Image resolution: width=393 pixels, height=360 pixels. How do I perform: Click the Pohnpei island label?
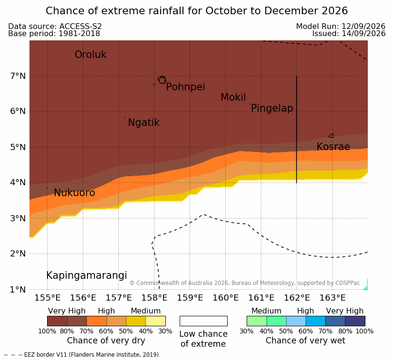click(x=185, y=87)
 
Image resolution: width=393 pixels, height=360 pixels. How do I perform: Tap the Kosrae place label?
click(x=333, y=147)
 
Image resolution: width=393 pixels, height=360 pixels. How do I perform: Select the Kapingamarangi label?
click(x=86, y=275)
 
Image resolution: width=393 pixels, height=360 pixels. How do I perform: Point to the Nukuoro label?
click(x=75, y=193)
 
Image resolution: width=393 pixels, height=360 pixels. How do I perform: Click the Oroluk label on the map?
click(x=90, y=55)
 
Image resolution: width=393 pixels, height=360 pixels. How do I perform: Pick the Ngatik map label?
click(x=144, y=123)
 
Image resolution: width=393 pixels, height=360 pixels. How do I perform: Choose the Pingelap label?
click(x=272, y=108)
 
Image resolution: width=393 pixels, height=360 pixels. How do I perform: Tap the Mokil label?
click(x=233, y=97)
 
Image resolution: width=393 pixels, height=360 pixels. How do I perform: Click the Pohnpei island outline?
click(x=162, y=80)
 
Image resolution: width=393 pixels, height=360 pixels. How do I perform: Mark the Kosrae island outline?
click(x=331, y=136)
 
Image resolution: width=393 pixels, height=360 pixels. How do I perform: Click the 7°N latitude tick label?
click(x=18, y=76)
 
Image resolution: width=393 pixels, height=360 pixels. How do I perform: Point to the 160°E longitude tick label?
click(x=226, y=298)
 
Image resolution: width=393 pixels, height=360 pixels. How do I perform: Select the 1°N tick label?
click(x=18, y=290)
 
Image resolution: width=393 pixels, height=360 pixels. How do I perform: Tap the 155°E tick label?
click(x=48, y=298)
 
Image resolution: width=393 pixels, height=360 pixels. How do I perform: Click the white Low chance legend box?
click(x=203, y=321)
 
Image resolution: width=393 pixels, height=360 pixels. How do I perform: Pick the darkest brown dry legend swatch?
click(x=57, y=321)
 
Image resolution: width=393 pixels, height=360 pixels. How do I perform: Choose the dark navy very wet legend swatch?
click(x=355, y=321)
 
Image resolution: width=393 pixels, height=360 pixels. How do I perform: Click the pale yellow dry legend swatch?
click(x=156, y=321)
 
